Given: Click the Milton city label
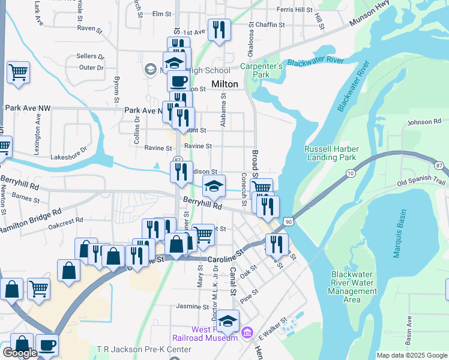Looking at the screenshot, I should click(225, 84).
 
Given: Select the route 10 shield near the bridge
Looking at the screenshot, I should click(349, 173).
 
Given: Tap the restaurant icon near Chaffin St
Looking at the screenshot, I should click(219, 28).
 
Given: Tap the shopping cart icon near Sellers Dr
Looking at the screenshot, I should click(18, 72).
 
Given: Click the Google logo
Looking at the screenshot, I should click(20, 353).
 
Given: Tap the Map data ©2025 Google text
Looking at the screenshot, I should click(411, 355).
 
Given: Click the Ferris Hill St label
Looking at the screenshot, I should click(294, 10).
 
